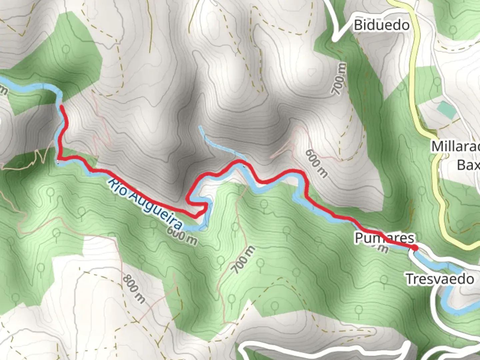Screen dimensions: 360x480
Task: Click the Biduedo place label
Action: (381, 25)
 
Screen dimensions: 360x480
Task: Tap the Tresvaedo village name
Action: (440, 279)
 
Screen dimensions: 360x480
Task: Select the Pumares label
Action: (384, 238)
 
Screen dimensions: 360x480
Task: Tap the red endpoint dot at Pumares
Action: (414, 248)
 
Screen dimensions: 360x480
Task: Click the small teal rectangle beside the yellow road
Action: (446, 110)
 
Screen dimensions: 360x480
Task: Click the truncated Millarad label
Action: (455, 147)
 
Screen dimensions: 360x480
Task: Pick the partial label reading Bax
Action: (468, 165)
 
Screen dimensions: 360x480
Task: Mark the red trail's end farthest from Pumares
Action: (62, 107)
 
